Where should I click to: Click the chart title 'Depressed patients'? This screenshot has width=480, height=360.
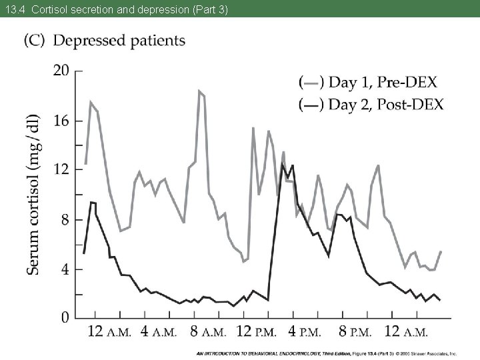tap(119, 40)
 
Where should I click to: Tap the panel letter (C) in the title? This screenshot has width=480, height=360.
tap(36, 40)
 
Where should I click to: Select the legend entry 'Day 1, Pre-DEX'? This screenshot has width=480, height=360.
tap(368, 83)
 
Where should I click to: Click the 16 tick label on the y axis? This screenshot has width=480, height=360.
tap(61, 121)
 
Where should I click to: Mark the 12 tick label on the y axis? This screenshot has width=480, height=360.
tap(61, 169)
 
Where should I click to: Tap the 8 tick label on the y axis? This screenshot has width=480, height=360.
tap(65, 219)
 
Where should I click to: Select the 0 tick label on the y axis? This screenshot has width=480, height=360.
tap(65, 317)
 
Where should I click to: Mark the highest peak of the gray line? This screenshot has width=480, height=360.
tap(199, 91)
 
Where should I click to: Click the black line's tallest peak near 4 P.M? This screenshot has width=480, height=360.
tap(283, 164)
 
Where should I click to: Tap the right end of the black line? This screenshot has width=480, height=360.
tap(439, 300)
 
